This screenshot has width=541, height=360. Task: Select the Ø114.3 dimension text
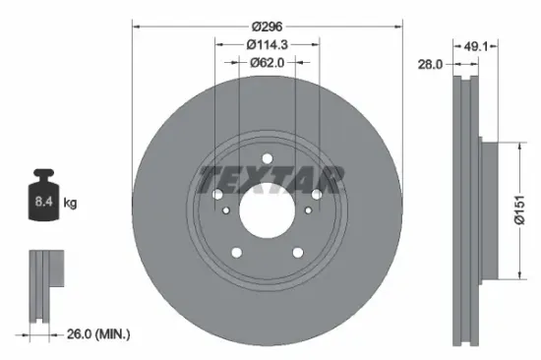pos(267,43)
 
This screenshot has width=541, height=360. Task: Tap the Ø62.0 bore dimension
pos(267,62)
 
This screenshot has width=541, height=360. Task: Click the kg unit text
pos(70,204)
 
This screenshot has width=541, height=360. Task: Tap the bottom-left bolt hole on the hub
pos(236,253)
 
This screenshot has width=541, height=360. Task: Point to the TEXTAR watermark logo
pos(270,180)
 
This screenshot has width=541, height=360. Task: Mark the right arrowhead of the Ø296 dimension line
pos(398,26)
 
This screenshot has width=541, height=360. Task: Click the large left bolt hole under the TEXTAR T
pos(217,196)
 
